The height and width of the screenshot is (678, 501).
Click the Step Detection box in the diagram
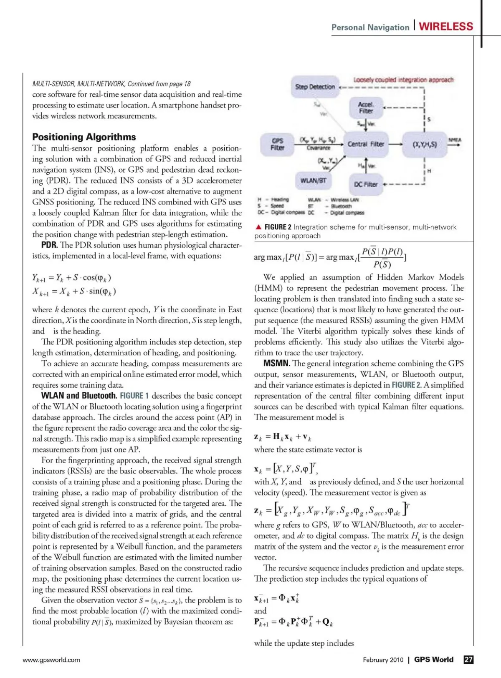pos(315,87)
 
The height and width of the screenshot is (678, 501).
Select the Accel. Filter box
pos(366,108)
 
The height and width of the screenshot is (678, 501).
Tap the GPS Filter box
pos(277,144)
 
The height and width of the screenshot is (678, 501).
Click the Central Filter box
pos(366,144)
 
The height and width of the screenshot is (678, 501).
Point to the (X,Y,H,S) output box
pos(425,144)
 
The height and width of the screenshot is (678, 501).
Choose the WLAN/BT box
pos(313,181)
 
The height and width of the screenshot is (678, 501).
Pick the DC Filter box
pos(366,184)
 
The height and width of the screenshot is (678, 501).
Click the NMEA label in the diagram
pos(455,140)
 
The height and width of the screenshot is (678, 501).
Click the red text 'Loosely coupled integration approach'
pos(403,80)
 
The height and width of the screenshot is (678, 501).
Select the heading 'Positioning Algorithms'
pos(84,137)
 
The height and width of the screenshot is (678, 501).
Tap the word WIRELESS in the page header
pos(446,27)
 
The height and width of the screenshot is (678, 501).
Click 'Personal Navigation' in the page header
pos(370,28)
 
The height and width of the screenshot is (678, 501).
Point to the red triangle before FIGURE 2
pos(258,227)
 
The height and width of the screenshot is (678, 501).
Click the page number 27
pos(468,660)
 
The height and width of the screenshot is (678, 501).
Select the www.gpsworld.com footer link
pos(51,660)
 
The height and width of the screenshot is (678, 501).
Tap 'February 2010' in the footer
pos(383,660)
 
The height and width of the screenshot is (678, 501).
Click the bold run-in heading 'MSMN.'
pos(276,363)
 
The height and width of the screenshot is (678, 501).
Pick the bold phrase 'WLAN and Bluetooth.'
pos(79,396)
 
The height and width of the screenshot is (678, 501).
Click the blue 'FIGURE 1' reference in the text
pos(134,396)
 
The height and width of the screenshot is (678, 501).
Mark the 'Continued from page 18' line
pos(111,84)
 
